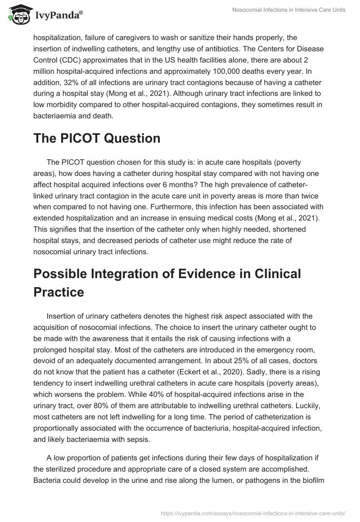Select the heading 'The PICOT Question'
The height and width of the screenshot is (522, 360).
tap(97, 138)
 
